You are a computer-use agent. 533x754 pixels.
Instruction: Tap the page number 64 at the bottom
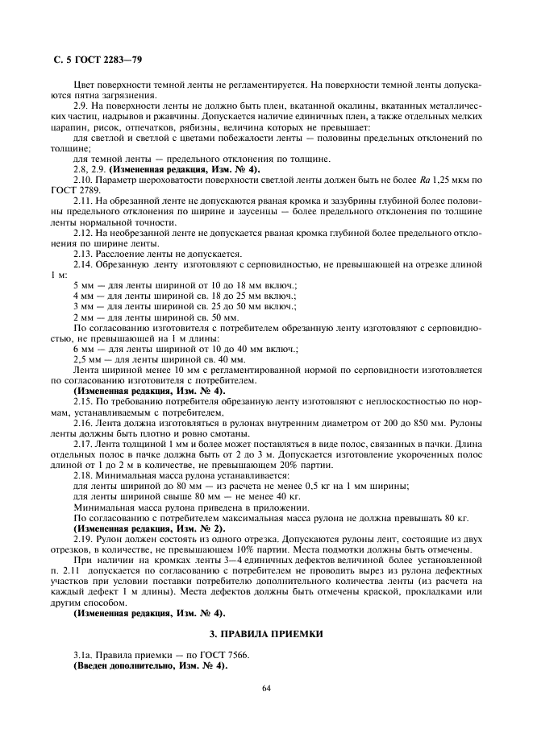pyautogui.click(x=266, y=688)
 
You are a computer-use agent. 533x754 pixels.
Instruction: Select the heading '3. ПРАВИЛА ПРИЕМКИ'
pyautogui.click(x=266, y=635)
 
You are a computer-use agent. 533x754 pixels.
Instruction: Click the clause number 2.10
pyautogui.click(x=84, y=179)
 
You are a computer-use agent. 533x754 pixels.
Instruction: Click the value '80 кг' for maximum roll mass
pyautogui.click(x=457, y=516)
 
